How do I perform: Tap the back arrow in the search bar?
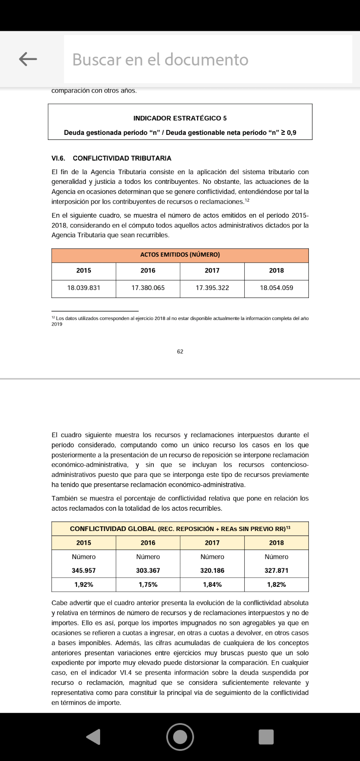[28, 59]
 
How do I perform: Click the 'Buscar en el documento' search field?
[207, 60]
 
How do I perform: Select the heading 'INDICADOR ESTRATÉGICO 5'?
[180, 118]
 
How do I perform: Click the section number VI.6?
[58, 158]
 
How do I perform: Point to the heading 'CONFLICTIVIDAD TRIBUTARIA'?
[122, 158]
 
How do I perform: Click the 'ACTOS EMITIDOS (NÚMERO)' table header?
[180, 255]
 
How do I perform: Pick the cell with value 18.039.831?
[84, 288]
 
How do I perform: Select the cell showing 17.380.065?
[148, 288]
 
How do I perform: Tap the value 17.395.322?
[212, 288]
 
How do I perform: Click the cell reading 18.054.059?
[276, 288]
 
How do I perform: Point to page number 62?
[180, 352]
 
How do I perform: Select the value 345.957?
[84, 571]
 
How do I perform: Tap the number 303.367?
[148, 571]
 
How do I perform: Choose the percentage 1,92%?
[84, 585]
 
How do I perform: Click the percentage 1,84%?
[212, 585]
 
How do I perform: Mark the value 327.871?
[276, 571]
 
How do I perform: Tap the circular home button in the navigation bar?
[180, 737]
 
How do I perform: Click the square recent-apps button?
[266, 737]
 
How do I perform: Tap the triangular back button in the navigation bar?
[93, 737]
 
